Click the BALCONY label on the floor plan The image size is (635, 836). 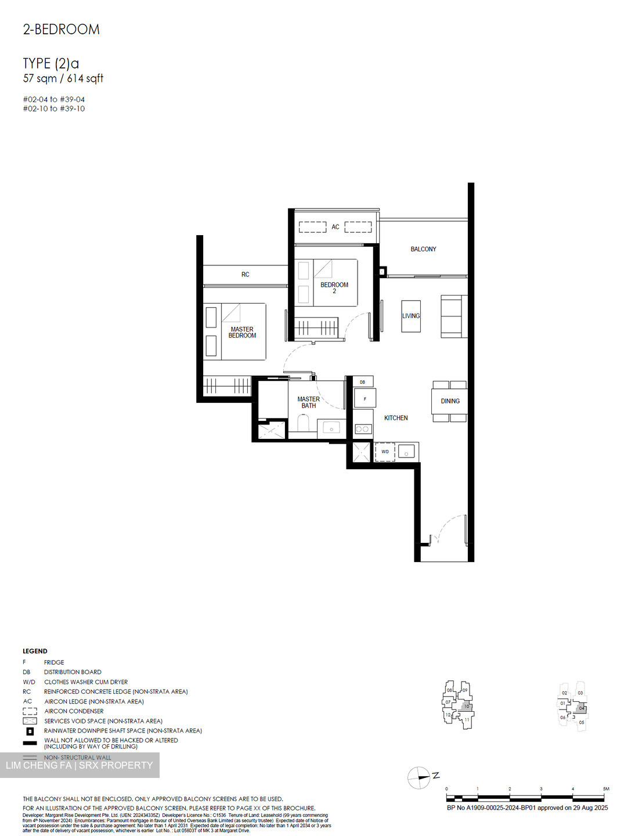pyautogui.click(x=423, y=249)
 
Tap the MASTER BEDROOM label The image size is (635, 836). pyautogui.click(x=242, y=333)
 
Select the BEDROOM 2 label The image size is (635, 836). pyautogui.click(x=334, y=287)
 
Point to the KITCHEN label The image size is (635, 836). pyautogui.click(x=396, y=418)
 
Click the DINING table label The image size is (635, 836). pyautogui.click(x=450, y=401)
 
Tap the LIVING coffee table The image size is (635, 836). pyautogui.click(x=411, y=316)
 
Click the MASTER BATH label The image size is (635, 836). pyautogui.click(x=308, y=402)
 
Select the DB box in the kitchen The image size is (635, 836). pyautogui.click(x=363, y=382)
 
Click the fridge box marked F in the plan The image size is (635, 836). pyautogui.click(x=365, y=399)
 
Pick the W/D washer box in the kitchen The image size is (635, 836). pyautogui.click(x=385, y=452)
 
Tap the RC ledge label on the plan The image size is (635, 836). pyautogui.click(x=246, y=275)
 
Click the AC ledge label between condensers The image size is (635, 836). pyautogui.click(x=335, y=227)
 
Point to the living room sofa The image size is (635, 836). pyautogui.click(x=453, y=316)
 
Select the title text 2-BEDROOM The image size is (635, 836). pyautogui.click(x=62, y=30)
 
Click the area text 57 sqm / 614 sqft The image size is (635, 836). pyautogui.click(x=63, y=78)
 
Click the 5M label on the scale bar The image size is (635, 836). pyautogui.click(x=606, y=789)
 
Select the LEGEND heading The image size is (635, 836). pyautogui.click(x=35, y=651)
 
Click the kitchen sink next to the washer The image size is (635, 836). pyautogui.click(x=406, y=452)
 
